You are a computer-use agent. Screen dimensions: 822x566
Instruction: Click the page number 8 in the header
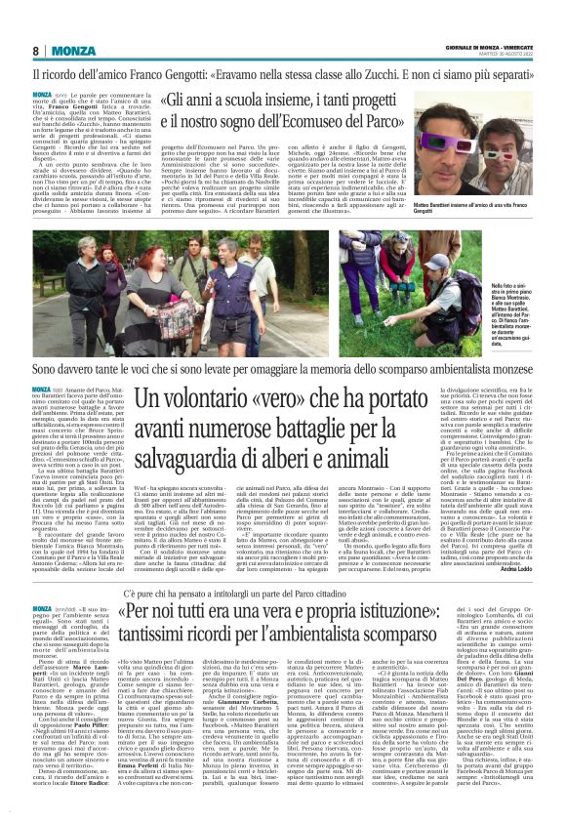point(36,50)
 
